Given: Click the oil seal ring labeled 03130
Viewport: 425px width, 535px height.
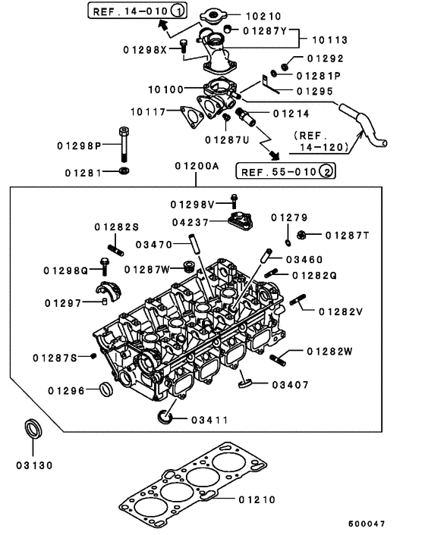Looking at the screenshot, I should pyautogui.click(x=34, y=429).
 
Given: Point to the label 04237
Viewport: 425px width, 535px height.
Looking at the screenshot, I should pyautogui.click(x=190, y=222).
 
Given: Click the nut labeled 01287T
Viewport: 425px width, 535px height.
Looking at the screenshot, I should pyautogui.click(x=301, y=234).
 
